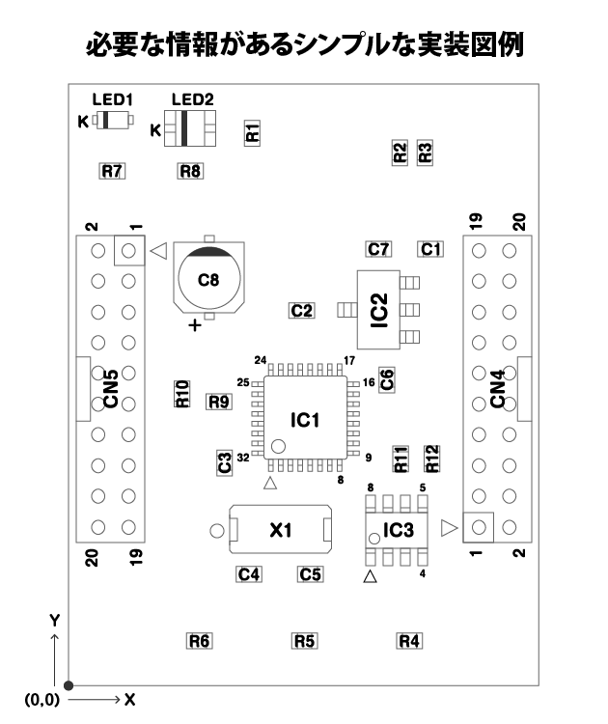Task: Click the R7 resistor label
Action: click(113, 171)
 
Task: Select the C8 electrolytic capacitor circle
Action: click(209, 279)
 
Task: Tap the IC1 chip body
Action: click(305, 421)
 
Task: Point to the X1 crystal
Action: click(280, 529)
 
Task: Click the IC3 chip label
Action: click(399, 530)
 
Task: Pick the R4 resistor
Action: click(410, 640)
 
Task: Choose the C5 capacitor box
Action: click(310, 573)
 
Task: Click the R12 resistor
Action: click(432, 459)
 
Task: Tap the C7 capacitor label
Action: click(379, 249)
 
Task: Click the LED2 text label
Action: click(191, 100)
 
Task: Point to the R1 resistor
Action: click(253, 132)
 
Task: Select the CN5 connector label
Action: click(111, 389)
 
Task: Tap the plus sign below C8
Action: click(196, 325)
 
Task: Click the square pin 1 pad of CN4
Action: click(479, 528)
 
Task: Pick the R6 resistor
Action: click(200, 640)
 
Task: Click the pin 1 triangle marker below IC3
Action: click(369, 577)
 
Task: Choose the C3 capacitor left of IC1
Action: click(224, 462)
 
